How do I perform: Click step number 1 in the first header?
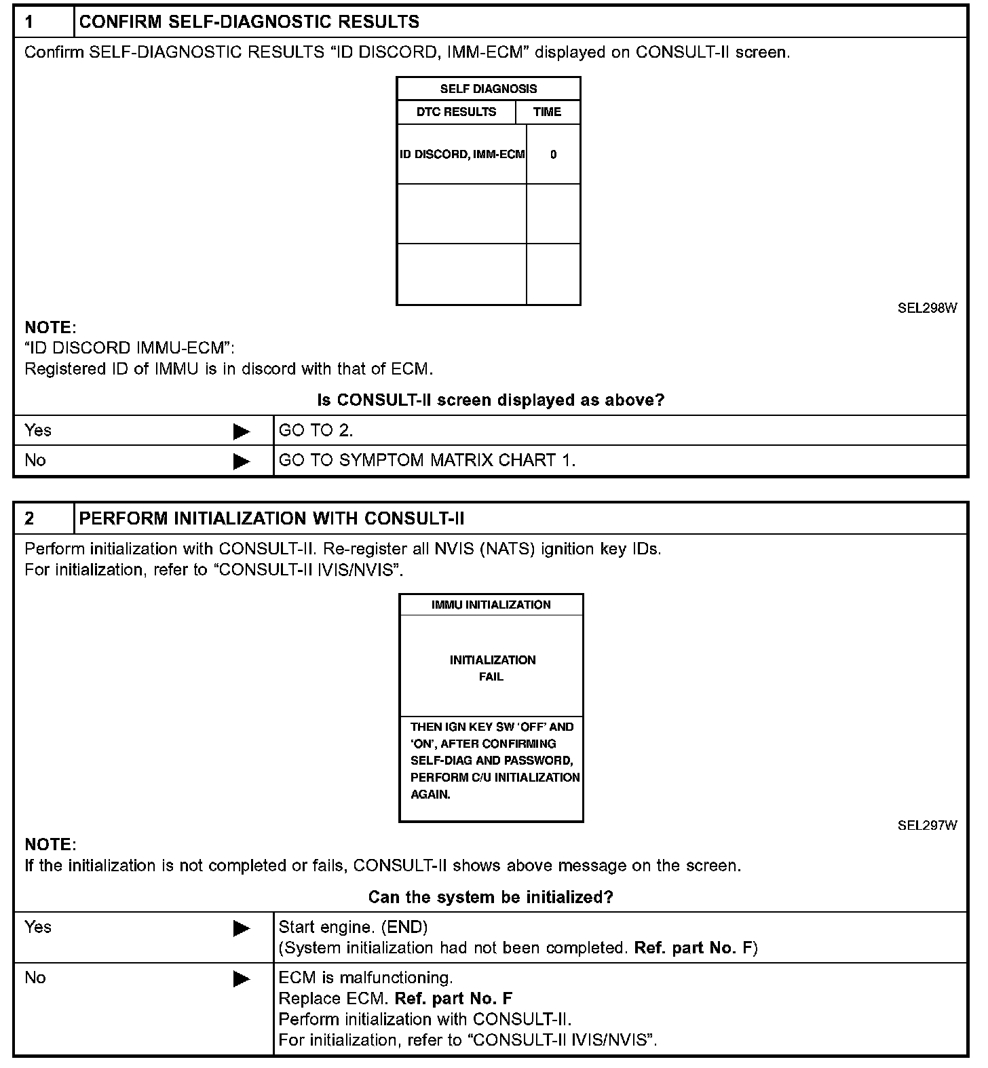point(30,22)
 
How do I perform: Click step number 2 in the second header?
point(30,518)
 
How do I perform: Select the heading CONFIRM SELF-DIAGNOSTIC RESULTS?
point(249,22)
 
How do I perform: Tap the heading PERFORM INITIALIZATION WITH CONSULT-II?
point(271,518)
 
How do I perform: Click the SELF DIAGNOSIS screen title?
point(488,89)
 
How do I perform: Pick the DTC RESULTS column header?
point(456,112)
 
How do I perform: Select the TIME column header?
point(547,112)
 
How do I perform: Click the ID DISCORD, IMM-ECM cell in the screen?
point(462,155)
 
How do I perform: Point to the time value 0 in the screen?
point(553,155)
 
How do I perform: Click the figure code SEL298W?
point(927,308)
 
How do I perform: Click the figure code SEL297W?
point(927,825)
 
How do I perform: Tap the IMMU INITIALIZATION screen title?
point(491,605)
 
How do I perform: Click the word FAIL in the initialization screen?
point(491,676)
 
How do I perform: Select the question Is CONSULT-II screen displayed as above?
point(491,400)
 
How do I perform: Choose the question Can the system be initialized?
point(491,897)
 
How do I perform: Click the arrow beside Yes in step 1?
point(241,432)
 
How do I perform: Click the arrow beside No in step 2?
point(241,978)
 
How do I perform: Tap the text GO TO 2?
point(316,430)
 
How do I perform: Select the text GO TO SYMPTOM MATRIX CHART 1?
point(427,460)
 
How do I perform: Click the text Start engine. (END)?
point(353,927)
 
